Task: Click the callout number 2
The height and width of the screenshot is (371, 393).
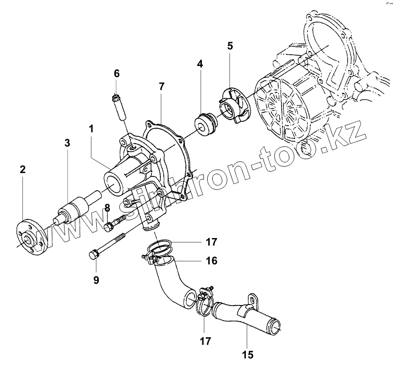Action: [x=22, y=170]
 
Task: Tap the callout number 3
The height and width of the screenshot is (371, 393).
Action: [x=67, y=143]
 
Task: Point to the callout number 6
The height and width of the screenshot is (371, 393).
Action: [x=116, y=73]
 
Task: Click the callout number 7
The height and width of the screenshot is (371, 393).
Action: [x=161, y=87]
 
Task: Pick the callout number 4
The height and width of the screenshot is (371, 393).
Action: [x=200, y=64]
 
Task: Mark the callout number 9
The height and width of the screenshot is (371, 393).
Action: [x=96, y=280]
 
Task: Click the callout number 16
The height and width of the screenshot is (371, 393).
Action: [x=211, y=262]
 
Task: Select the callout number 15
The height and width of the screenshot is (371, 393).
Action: [x=249, y=354]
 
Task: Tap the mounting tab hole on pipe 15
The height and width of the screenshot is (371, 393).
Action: [x=253, y=299]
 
